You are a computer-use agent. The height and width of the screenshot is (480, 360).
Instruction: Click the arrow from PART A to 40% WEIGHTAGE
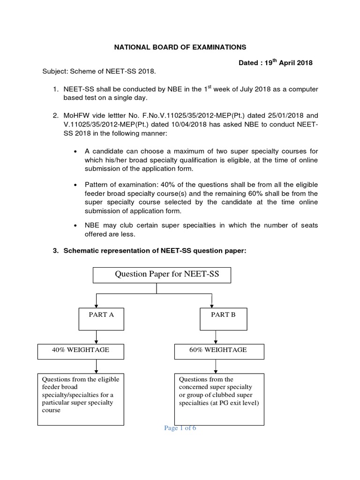point(96,337)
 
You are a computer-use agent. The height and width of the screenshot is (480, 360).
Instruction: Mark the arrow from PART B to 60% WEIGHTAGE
point(215,337)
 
